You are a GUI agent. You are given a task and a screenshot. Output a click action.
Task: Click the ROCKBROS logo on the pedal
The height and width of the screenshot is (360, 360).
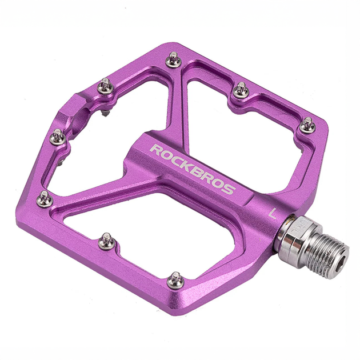click(193, 169)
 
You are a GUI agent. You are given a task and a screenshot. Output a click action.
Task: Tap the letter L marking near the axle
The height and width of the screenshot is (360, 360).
click(272, 214)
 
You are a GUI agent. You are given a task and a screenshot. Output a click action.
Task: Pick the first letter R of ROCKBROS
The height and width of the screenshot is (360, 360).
click(155, 150)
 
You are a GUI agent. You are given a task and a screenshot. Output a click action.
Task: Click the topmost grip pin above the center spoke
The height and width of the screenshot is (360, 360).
click(174, 59)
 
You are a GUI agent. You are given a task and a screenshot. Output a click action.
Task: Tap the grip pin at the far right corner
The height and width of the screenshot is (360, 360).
click(307, 125)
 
